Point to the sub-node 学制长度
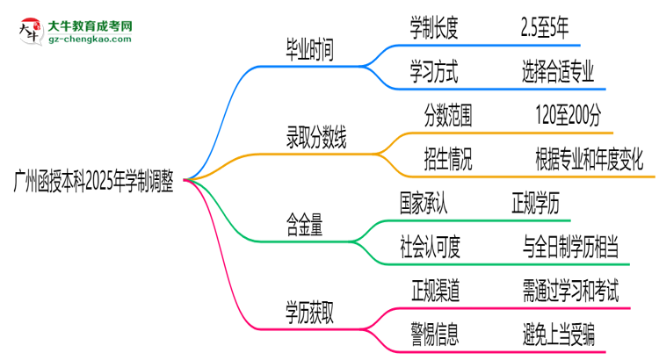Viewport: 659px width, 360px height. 433,29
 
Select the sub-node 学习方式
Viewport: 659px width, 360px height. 433,71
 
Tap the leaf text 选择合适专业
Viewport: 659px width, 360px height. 557,71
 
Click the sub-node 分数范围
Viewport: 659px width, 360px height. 453,114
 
